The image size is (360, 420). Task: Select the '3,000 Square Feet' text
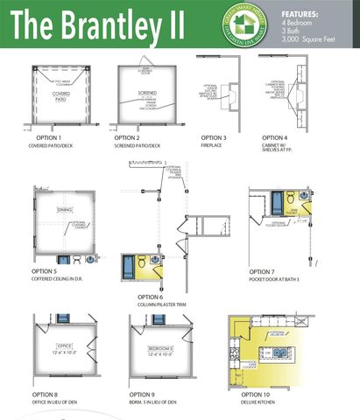(x=308, y=42)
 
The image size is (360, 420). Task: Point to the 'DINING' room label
(x=65, y=210)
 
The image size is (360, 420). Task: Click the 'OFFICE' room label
(x=62, y=348)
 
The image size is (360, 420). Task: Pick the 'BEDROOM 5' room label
(x=159, y=348)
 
